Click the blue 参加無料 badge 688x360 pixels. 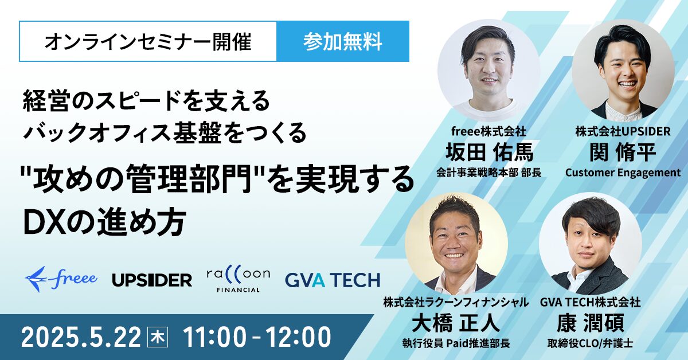point(343,41)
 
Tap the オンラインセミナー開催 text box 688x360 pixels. point(148,41)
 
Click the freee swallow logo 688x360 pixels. point(61,279)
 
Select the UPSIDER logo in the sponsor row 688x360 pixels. point(152,280)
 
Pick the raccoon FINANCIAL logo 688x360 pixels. point(239,279)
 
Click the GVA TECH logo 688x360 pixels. point(333,280)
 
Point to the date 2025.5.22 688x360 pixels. point(81,337)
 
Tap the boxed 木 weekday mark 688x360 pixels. point(158,337)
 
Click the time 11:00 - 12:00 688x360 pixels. point(257,337)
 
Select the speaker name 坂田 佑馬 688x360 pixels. point(490,152)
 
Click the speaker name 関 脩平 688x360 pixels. point(623,152)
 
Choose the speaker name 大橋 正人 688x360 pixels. point(456,323)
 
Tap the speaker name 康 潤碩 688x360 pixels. point(591,323)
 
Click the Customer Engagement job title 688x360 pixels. point(623,173)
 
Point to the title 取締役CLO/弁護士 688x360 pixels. point(591,343)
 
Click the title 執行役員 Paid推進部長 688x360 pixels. point(456,343)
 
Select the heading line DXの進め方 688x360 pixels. point(105,222)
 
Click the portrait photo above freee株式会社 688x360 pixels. point(489,70)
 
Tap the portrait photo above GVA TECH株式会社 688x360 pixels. point(591,243)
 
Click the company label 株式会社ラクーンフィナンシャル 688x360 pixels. point(456,303)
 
